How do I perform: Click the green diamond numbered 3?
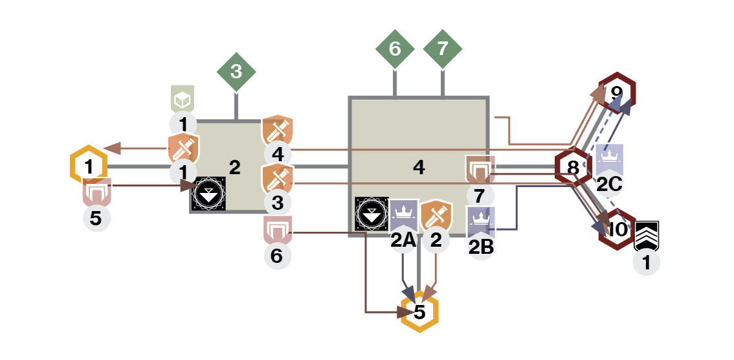[236, 72]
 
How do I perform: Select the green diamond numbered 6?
[395, 49]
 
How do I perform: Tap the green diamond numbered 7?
[442, 49]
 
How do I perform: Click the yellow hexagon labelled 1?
[89, 165]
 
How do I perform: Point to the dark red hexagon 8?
[573, 166]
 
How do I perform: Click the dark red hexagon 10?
[617, 229]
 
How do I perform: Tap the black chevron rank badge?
[647, 236]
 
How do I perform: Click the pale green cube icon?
[183, 99]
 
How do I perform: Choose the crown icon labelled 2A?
[403, 215]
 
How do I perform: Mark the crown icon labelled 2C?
[610, 160]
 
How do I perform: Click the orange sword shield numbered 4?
[278, 131]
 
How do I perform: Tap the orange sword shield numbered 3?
[278, 179]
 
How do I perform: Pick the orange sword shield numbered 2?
[436, 216]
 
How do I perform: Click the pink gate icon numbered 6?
[278, 230]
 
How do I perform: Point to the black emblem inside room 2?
[210, 194]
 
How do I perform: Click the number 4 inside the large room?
[419, 168]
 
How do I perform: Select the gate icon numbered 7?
[480, 170]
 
